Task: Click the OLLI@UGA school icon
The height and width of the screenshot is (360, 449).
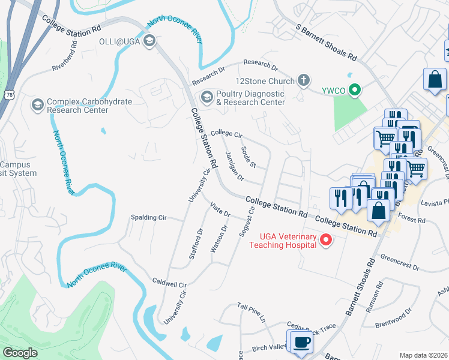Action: pyautogui.click(x=149, y=41)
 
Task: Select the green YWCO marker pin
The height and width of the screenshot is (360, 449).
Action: pyautogui.click(x=355, y=91)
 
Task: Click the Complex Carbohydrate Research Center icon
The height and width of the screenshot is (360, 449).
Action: pyautogui.click(x=37, y=106)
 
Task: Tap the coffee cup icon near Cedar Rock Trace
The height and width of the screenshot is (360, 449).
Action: pyautogui.click(x=301, y=342)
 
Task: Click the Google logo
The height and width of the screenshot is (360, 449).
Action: pyautogui.click(x=20, y=353)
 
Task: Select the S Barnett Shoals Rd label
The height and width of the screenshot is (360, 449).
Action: pyautogui.click(x=327, y=43)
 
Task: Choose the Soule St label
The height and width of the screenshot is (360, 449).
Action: pyautogui.click(x=249, y=157)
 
